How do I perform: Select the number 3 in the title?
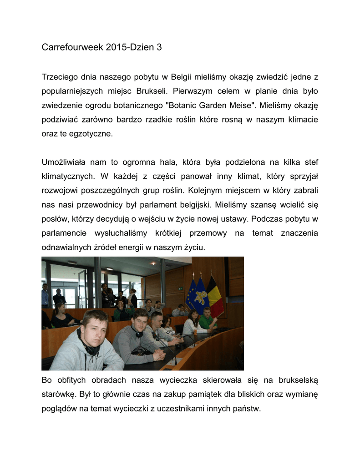pos(159,47)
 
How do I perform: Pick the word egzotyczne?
pos(87,134)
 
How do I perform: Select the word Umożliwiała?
pos(63,162)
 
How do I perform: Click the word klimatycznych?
pos(68,176)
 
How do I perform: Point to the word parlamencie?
pos(64,233)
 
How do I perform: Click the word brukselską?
pos(297,380)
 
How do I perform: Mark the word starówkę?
pos(58,394)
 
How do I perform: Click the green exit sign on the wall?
pos(181,288)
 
